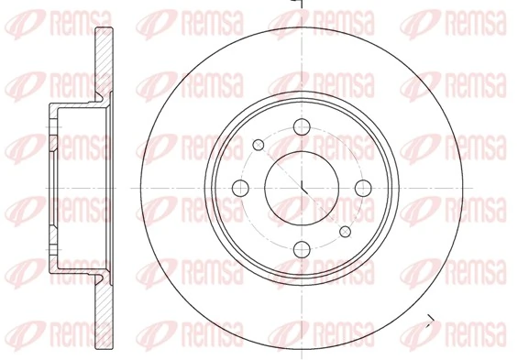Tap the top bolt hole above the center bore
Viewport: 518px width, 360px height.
[303, 129]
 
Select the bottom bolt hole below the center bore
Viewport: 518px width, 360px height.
[303, 245]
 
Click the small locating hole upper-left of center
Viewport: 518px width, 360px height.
[259, 144]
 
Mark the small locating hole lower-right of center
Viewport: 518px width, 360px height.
[345, 231]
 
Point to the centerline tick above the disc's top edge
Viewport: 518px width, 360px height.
[302, 5]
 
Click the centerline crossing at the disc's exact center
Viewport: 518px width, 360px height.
[303, 188]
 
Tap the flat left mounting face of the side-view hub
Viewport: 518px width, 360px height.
[47, 187]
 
